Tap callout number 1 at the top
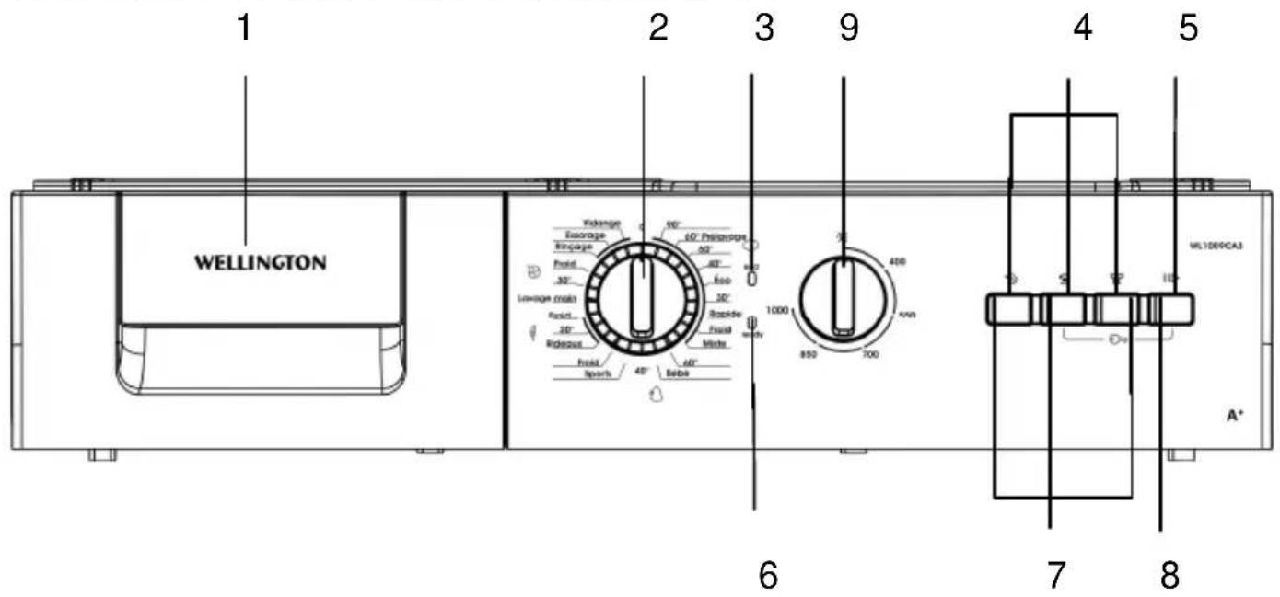tap(244, 29)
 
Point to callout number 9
tap(847, 29)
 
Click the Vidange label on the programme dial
tap(602, 224)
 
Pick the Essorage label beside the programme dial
tap(585, 235)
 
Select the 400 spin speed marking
tap(898, 264)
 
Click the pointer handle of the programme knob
tap(642, 294)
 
